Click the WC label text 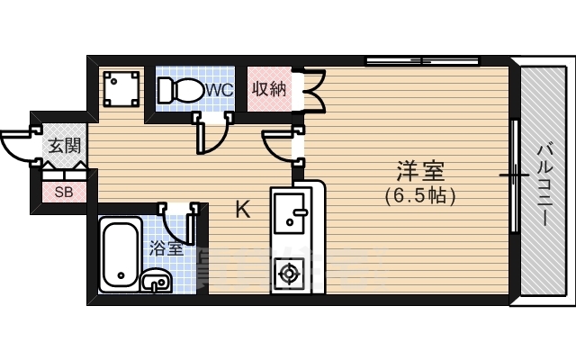pyautogui.click(x=220, y=89)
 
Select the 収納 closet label pyautogui.click(x=268, y=88)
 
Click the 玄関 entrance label pyautogui.click(x=63, y=144)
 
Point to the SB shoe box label pyautogui.click(x=64, y=192)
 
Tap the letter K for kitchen pyautogui.click(x=243, y=210)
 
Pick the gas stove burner pyautogui.click(x=290, y=272)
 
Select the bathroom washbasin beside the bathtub pyautogui.click(x=157, y=281)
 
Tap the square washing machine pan pyautogui.click(x=121, y=88)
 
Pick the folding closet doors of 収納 pyautogui.click(x=313, y=90)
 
